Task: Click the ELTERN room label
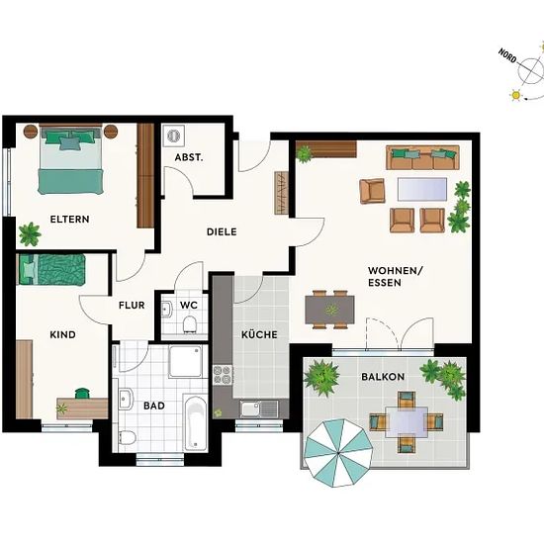70,220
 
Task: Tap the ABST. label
189,157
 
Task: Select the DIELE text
222,231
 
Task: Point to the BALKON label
383,377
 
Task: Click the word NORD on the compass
507,55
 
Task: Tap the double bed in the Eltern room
71,159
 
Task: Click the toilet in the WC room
190,323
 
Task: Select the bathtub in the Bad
195,422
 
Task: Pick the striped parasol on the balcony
338,453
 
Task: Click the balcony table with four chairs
407,422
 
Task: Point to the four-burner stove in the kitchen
223,375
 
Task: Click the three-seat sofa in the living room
422,157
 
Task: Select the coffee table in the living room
422,189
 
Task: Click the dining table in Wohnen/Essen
329,310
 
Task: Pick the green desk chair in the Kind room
82,393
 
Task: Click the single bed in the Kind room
51,270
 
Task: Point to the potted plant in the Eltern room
30,234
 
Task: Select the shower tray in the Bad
185,361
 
